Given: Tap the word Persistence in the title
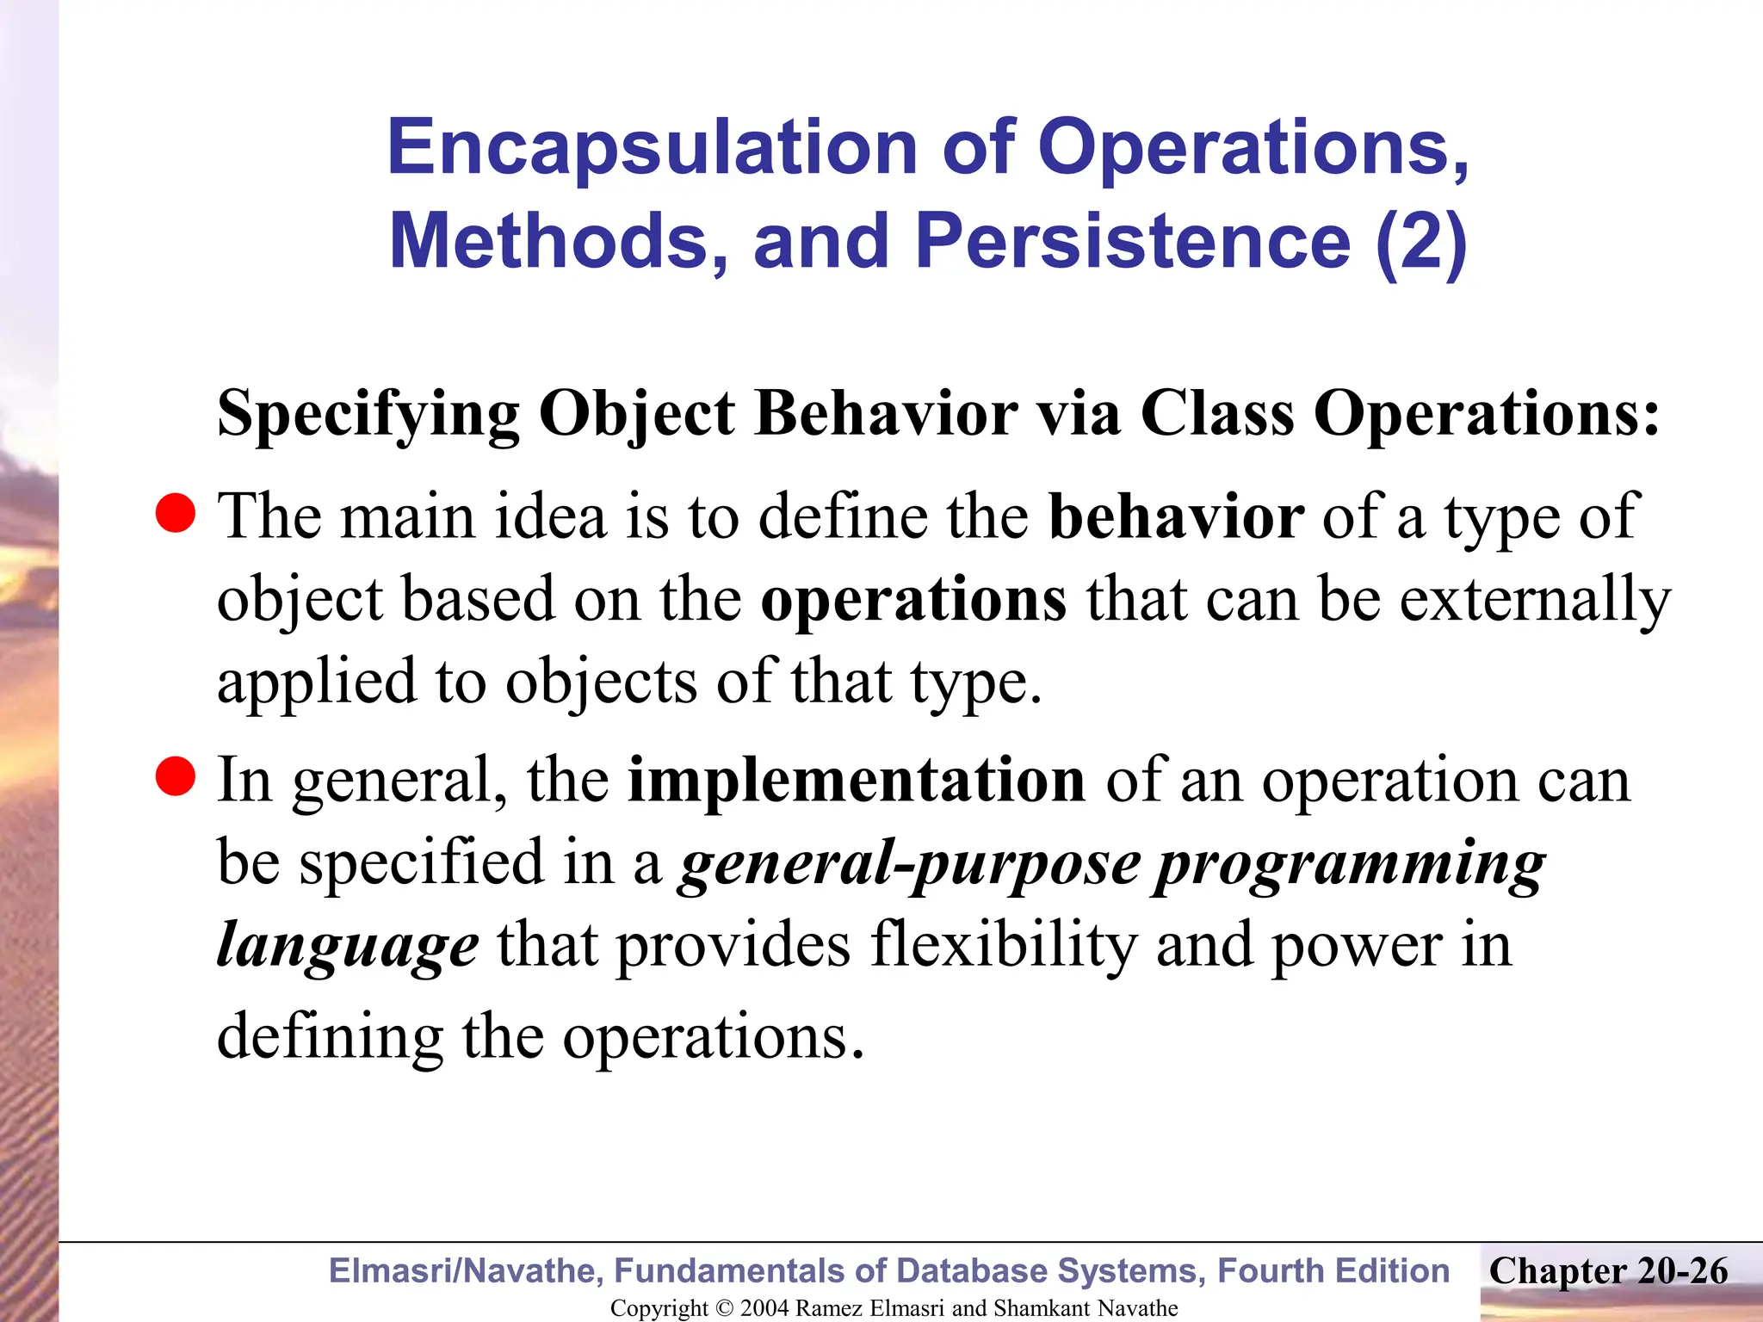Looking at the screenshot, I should click(1132, 241).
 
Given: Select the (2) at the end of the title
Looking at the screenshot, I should click(1420, 241).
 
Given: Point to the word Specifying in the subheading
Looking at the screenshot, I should click(368, 415).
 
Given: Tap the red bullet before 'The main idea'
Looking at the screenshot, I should click(176, 514).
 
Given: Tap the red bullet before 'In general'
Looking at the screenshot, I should click(176, 776).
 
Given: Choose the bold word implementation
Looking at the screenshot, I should click(857, 780).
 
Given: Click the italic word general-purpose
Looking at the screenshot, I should click(909, 864).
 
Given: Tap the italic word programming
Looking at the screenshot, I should click(1349, 864).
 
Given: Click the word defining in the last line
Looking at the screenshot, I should click(330, 1036).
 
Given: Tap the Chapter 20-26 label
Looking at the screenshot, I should click(1608, 1271).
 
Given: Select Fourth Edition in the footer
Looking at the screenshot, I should click(1333, 1271).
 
